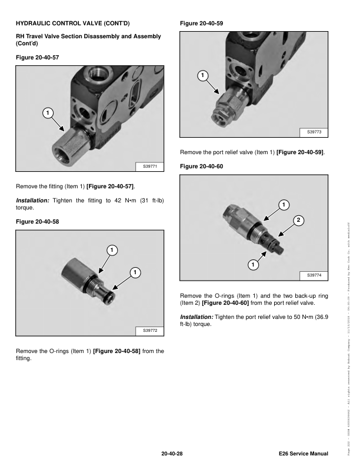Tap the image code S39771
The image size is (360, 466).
[151, 167]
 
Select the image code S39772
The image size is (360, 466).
[151, 332]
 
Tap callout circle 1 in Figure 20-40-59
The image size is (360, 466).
[202, 75]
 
